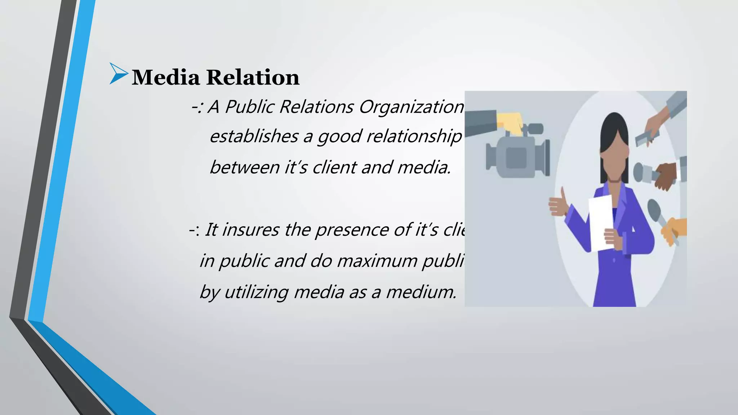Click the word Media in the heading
point(166,77)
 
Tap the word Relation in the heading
point(253,77)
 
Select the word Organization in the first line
point(411,107)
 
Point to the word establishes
point(254,137)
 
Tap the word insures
point(250,230)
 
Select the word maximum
point(377,261)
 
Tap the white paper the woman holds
point(601,223)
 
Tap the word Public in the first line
point(251,107)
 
